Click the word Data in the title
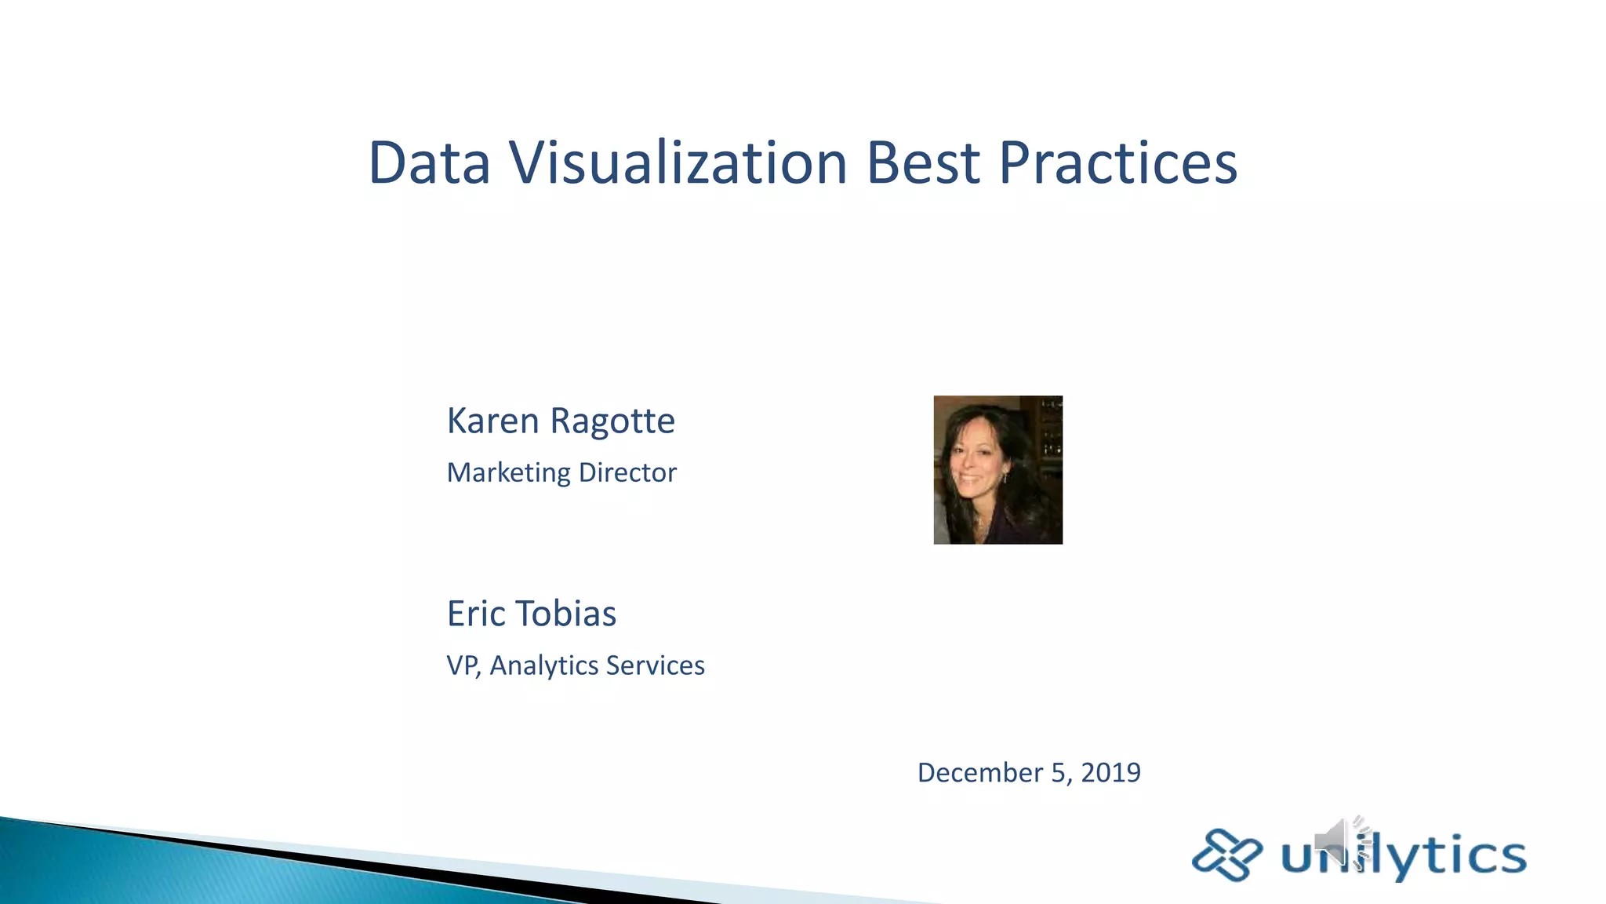pos(429,163)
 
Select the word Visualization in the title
pos(678,163)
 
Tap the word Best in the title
pos(923,163)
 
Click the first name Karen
pos(493,421)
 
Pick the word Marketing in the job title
pos(509,473)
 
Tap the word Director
pos(627,472)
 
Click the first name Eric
pos(476,614)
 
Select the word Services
pos(656,665)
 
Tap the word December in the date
pos(980,773)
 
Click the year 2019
pos(1110,773)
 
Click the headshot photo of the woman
pos(997,470)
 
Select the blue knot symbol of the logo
pos(1226,855)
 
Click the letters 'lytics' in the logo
pos(1451,855)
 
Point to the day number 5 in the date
pos(1059,773)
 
